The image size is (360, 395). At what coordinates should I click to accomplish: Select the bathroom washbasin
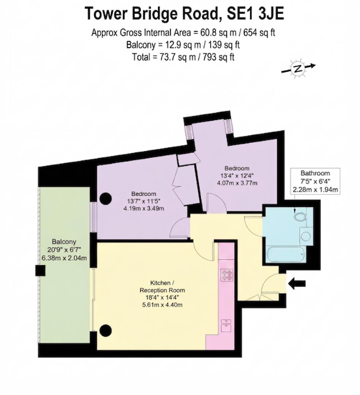305,236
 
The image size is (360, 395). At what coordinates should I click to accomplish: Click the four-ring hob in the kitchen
226,275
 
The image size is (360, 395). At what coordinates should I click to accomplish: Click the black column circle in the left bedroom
106,199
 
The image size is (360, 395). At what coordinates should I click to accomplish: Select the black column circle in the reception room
105,331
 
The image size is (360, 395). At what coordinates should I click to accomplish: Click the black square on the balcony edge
40,271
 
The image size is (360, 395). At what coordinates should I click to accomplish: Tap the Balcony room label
64,242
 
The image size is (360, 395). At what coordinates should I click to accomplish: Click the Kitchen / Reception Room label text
162,287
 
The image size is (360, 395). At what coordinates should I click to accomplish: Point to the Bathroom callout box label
315,173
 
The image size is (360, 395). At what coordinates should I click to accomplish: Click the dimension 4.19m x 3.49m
144,209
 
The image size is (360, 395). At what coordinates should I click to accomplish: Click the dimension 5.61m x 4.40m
162,304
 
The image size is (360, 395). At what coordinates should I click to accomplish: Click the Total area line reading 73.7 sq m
183,57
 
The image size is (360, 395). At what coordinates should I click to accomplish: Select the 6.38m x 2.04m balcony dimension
64,258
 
